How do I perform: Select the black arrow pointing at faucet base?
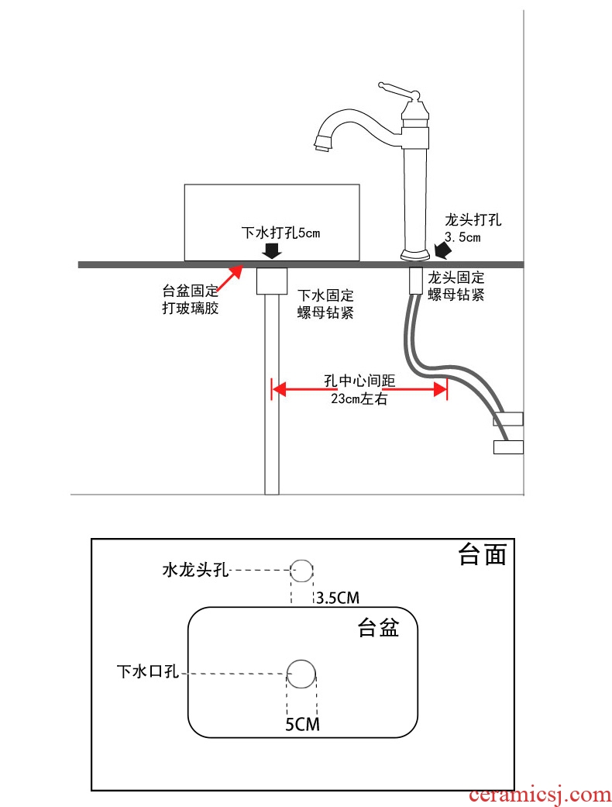(x=445, y=250)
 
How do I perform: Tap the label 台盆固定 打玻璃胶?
(x=191, y=299)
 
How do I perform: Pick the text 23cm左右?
(x=359, y=401)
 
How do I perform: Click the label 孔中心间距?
(x=359, y=381)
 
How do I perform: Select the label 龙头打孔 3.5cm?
(x=473, y=228)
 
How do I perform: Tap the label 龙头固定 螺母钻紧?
(x=456, y=285)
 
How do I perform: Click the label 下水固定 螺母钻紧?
(x=326, y=303)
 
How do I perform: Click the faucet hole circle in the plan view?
(x=301, y=571)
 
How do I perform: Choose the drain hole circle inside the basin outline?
(x=301, y=673)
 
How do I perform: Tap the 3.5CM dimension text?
(x=337, y=597)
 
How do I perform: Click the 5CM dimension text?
(x=302, y=725)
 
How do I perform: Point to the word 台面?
(x=483, y=555)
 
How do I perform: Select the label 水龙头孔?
(x=195, y=571)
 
